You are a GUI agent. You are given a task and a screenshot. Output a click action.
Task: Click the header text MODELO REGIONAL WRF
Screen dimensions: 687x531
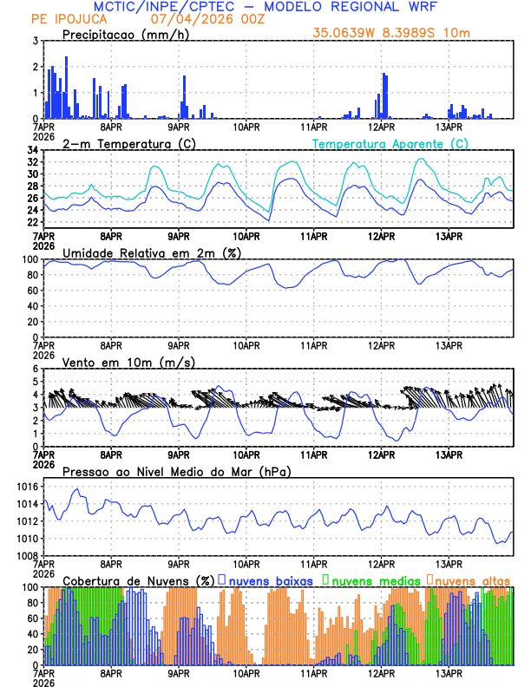click(364, 7)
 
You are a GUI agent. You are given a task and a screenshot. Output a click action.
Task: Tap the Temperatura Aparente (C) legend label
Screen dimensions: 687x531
click(390, 143)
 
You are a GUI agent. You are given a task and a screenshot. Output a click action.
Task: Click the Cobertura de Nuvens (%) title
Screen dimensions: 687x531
click(138, 579)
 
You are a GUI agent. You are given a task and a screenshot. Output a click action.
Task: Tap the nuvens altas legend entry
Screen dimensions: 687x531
click(472, 579)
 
